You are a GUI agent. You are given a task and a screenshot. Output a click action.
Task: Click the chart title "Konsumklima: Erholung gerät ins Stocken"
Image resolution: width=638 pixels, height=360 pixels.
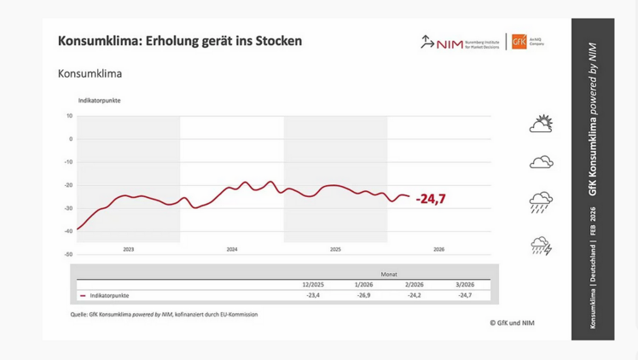click(179, 41)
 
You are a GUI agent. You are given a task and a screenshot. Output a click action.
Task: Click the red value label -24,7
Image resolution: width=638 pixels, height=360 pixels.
click(431, 199)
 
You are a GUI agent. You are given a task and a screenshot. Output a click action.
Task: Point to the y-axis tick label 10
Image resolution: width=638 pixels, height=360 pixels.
click(70, 116)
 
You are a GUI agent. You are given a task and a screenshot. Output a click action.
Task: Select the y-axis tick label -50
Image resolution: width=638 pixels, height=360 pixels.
click(68, 254)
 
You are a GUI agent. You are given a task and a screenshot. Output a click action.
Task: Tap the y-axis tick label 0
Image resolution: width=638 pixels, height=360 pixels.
click(71, 139)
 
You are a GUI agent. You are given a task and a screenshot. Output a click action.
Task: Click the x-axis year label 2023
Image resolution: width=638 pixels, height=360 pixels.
click(128, 249)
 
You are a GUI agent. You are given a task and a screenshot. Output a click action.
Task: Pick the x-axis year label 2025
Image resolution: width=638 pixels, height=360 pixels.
click(335, 249)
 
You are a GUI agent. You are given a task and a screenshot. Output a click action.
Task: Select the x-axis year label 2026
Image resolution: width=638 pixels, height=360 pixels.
click(438, 249)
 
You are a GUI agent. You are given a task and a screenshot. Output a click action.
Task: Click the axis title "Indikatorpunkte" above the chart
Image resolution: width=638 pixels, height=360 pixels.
click(99, 101)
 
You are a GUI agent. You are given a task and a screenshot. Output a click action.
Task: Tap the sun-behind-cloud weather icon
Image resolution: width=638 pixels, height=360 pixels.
click(541, 125)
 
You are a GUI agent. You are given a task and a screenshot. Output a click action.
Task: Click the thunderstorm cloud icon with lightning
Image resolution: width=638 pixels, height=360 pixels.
click(541, 247)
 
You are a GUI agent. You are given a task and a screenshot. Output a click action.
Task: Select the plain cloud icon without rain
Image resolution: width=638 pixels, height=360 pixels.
click(541, 162)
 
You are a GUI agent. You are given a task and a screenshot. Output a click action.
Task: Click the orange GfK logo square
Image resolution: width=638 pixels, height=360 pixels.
click(519, 42)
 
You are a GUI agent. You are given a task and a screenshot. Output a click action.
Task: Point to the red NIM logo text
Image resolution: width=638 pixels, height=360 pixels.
click(449, 44)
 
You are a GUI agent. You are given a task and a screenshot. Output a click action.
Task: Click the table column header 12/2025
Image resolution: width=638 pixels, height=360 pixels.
click(313, 284)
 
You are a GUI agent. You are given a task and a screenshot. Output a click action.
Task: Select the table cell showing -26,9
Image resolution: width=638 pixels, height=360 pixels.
click(363, 295)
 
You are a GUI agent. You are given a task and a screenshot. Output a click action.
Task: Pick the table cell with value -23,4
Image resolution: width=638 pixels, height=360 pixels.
click(313, 295)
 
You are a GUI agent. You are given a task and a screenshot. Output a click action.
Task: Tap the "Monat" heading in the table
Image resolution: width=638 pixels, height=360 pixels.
click(389, 274)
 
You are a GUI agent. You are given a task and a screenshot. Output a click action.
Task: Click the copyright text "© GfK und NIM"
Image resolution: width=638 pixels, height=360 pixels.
click(512, 322)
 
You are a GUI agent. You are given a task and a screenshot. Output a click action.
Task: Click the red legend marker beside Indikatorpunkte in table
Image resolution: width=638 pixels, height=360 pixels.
click(83, 296)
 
